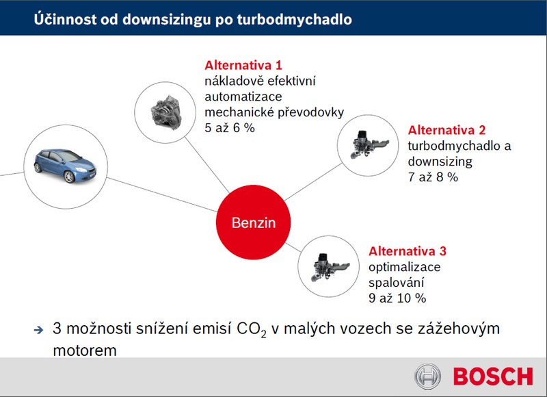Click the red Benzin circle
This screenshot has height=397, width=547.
(x=253, y=222)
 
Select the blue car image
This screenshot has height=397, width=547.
(x=65, y=166)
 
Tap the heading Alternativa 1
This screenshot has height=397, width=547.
(x=243, y=65)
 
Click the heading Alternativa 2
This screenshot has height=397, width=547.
(x=447, y=130)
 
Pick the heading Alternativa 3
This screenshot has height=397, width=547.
(x=408, y=251)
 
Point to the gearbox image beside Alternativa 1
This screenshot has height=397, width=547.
(x=166, y=112)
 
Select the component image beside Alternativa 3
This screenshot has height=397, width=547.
(x=330, y=266)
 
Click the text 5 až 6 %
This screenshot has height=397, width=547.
(x=230, y=128)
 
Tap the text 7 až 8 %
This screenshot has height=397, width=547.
(x=433, y=177)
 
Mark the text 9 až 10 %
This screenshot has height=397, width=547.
(x=397, y=298)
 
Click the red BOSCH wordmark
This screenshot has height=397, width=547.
(x=493, y=376)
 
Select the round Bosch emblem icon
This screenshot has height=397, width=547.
(x=428, y=376)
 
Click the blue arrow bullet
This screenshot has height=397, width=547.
(x=39, y=330)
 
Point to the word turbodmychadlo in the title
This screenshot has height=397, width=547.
(x=295, y=20)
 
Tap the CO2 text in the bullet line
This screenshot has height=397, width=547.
(x=251, y=330)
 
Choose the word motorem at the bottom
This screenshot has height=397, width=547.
(x=85, y=350)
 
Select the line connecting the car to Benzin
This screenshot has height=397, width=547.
(x=162, y=194)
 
